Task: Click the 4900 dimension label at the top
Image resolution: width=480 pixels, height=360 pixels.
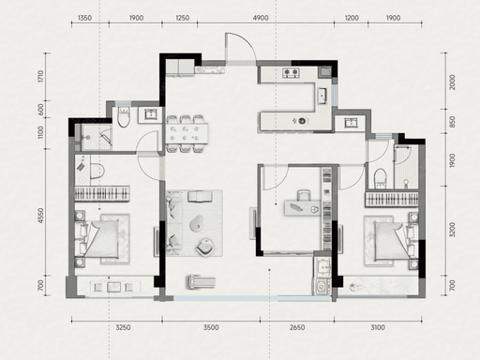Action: click(261, 18)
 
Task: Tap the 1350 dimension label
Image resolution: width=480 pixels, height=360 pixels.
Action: click(84, 18)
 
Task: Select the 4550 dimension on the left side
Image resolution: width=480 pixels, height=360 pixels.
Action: click(40, 216)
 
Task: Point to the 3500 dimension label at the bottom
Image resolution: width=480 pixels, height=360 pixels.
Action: click(211, 327)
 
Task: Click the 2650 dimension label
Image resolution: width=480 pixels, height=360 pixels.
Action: click(297, 327)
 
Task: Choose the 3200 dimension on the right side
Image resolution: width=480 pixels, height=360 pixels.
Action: click(452, 230)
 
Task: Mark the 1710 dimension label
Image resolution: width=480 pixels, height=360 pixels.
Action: click(40, 77)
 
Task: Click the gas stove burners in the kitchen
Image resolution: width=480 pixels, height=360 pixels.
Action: click(291, 73)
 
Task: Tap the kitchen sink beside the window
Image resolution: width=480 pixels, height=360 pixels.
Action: click(322, 96)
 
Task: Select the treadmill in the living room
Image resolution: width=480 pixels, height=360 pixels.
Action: click(201, 281)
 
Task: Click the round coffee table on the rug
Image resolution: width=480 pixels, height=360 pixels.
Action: click(197, 224)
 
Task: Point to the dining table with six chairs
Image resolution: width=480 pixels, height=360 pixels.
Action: click(187, 134)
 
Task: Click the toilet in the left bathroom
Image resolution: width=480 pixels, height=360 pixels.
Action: click(124, 117)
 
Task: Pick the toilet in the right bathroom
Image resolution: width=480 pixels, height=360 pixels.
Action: click(381, 178)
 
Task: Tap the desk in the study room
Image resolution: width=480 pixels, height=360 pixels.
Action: click(302, 208)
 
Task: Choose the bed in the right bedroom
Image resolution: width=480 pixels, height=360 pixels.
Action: click(392, 241)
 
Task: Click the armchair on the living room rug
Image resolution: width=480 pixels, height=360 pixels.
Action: click(205, 247)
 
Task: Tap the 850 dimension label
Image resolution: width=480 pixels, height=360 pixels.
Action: click(452, 122)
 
